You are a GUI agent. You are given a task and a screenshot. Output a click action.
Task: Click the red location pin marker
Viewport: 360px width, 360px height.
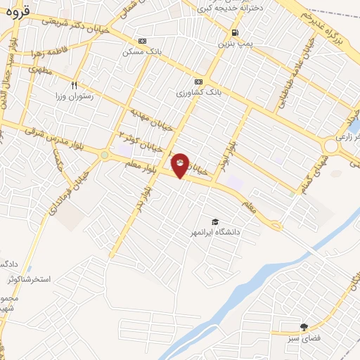click(x=180, y=165)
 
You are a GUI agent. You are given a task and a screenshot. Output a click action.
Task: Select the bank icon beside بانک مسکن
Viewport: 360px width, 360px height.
click(x=143, y=41)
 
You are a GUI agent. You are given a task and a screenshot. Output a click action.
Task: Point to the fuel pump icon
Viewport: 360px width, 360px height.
click(x=234, y=33)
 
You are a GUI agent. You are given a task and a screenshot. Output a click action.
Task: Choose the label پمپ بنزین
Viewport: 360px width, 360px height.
click(x=233, y=44)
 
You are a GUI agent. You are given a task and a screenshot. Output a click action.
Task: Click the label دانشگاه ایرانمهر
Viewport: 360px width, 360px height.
click(x=215, y=231)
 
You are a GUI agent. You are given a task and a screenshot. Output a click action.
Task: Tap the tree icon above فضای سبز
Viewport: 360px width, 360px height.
click(x=304, y=327)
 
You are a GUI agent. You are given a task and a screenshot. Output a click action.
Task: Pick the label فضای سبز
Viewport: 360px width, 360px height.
click(x=304, y=338)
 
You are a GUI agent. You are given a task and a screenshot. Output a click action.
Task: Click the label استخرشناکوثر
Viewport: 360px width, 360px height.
click(x=29, y=279)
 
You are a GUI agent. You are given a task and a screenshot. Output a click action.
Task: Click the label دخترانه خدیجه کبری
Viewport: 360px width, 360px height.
click(x=231, y=8)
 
